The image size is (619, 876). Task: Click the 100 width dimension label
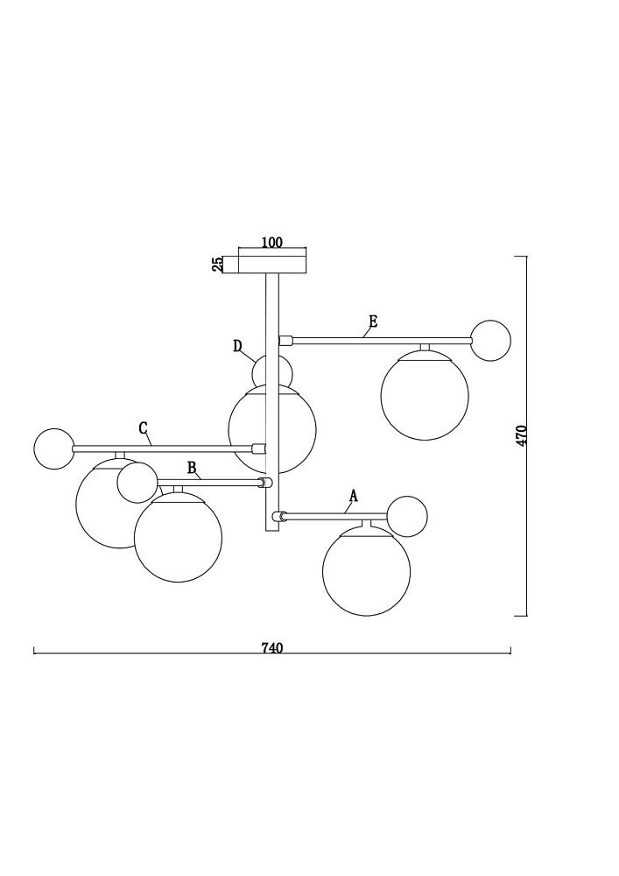(272, 243)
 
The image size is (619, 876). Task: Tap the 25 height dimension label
(218, 264)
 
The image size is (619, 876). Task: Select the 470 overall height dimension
(521, 435)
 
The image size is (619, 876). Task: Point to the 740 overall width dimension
(272, 647)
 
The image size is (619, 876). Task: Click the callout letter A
(353, 496)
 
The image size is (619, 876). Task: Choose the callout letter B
(192, 468)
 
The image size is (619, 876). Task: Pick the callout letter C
(144, 428)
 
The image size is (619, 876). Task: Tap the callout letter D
(238, 346)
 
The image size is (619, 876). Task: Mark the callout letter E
(373, 321)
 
